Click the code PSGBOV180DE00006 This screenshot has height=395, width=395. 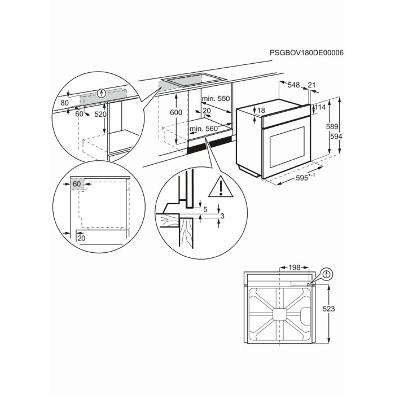click(x=306, y=53)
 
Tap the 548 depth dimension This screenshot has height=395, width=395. click(x=294, y=85)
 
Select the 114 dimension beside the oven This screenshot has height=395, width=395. click(x=320, y=108)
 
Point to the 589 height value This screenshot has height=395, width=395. click(x=332, y=127)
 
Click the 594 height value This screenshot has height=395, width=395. click(x=336, y=137)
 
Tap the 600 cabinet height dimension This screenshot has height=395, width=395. click(x=176, y=112)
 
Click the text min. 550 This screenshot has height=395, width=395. click(x=216, y=99)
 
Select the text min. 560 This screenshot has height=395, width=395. click(x=204, y=129)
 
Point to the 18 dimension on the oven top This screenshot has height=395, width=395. click(x=261, y=111)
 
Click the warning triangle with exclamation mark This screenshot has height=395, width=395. click(x=221, y=187)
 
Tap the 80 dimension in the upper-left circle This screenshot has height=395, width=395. click(x=65, y=103)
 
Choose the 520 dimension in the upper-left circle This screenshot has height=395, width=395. click(x=100, y=115)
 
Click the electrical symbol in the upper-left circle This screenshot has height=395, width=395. click(x=101, y=94)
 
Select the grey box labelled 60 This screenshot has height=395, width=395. click(x=77, y=184)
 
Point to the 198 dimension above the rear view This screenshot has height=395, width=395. click(x=294, y=267)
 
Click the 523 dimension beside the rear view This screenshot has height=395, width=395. click(x=329, y=309)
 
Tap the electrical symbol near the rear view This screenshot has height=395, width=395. click(x=327, y=274)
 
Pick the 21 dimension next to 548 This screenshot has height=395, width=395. click(x=311, y=85)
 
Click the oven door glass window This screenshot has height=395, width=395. click(x=287, y=148)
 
